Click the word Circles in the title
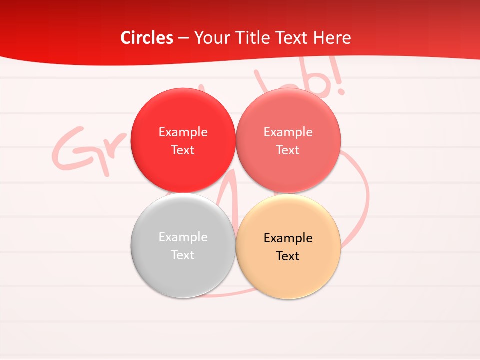tap(147, 38)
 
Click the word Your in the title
tap(210, 38)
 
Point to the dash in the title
tap(183, 38)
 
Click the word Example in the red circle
tap(183, 132)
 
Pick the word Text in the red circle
tap(183, 150)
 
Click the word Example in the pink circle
tap(288, 132)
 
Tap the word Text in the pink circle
tap(288, 150)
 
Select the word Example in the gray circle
tap(183, 237)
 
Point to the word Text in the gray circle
tap(183, 255)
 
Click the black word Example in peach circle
tap(288, 238)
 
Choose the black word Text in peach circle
tap(288, 256)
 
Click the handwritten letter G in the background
tap(75, 150)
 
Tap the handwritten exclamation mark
tap(340, 80)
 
